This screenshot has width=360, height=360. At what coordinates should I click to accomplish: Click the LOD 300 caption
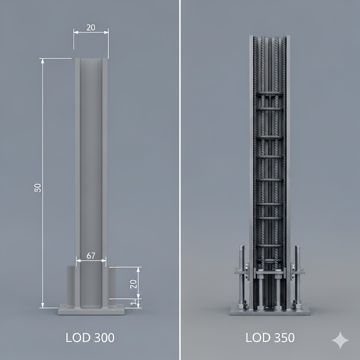click(90, 338)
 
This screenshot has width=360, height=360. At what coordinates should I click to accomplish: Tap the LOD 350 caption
click(270, 338)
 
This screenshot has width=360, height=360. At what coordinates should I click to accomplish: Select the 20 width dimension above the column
click(91, 27)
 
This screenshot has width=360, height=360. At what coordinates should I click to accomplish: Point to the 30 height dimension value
click(38, 188)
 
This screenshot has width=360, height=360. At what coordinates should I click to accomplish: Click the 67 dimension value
click(91, 256)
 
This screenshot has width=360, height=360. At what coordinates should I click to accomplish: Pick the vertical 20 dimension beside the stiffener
click(133, 284)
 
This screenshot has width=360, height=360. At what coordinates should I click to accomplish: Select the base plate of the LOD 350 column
click(270, 311)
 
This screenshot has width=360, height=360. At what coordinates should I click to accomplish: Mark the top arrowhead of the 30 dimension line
click(43, 60)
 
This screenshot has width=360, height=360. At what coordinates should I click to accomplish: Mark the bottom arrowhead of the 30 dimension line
click(43, 306)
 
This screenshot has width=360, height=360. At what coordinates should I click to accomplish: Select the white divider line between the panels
click(180, 176)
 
